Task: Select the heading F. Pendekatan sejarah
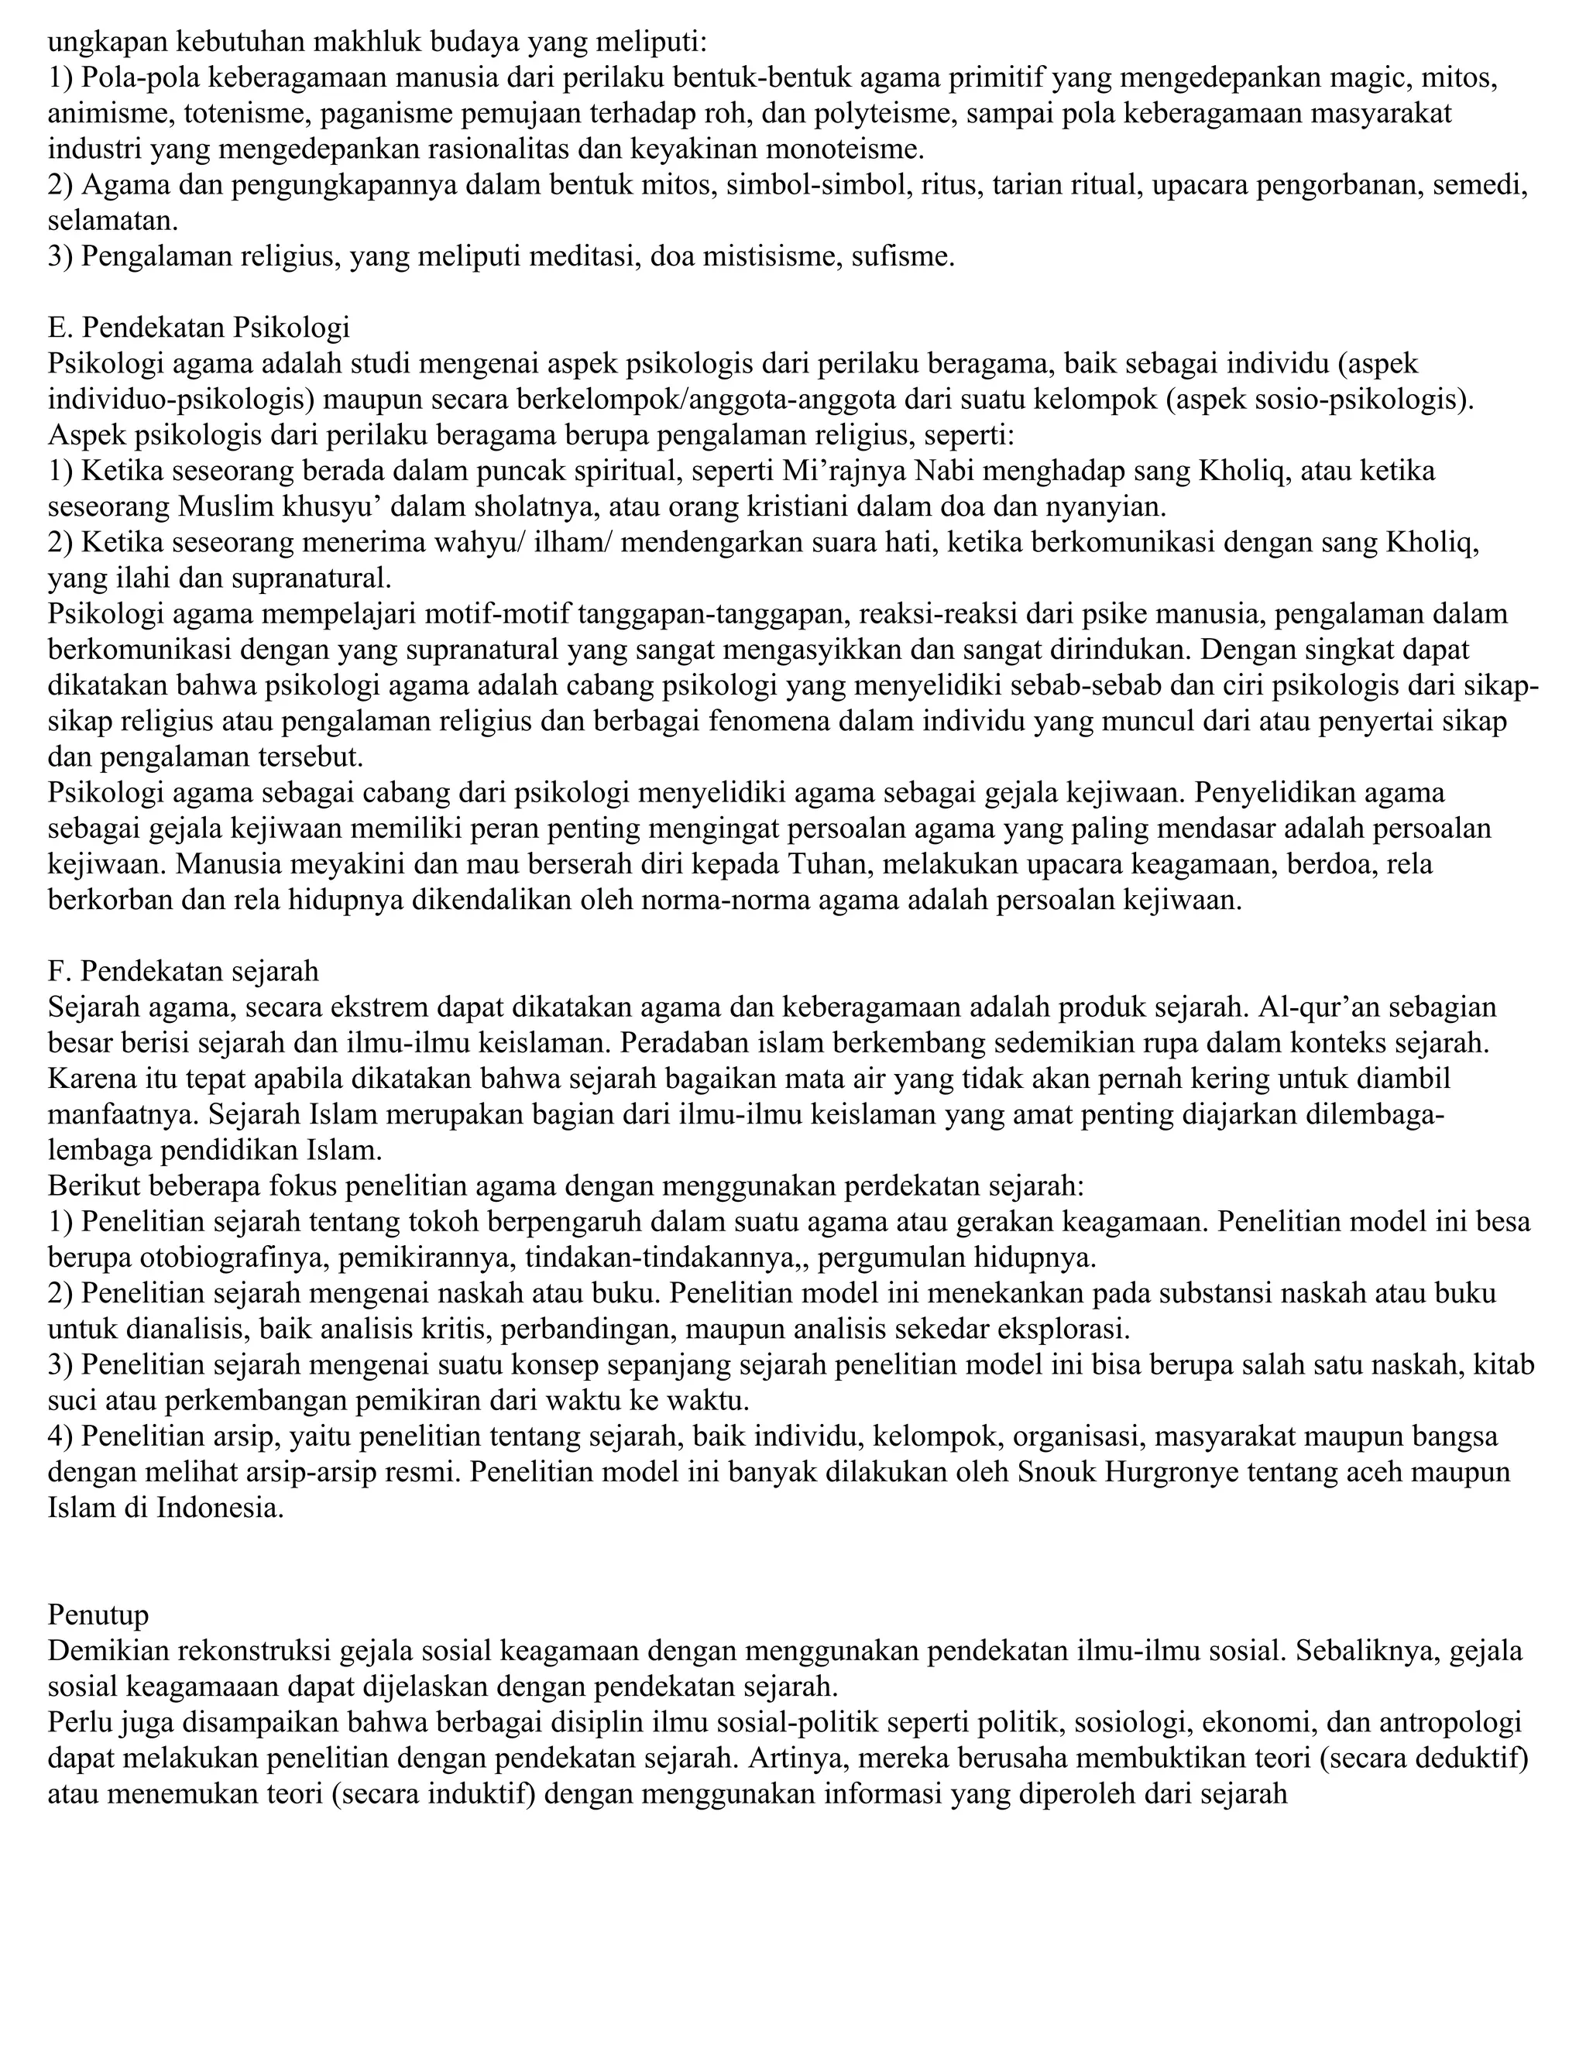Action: click(x=184, y=969)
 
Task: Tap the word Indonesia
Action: click(x=217, y=1507)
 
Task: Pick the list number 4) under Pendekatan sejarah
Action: click(x=61, y=1436)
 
